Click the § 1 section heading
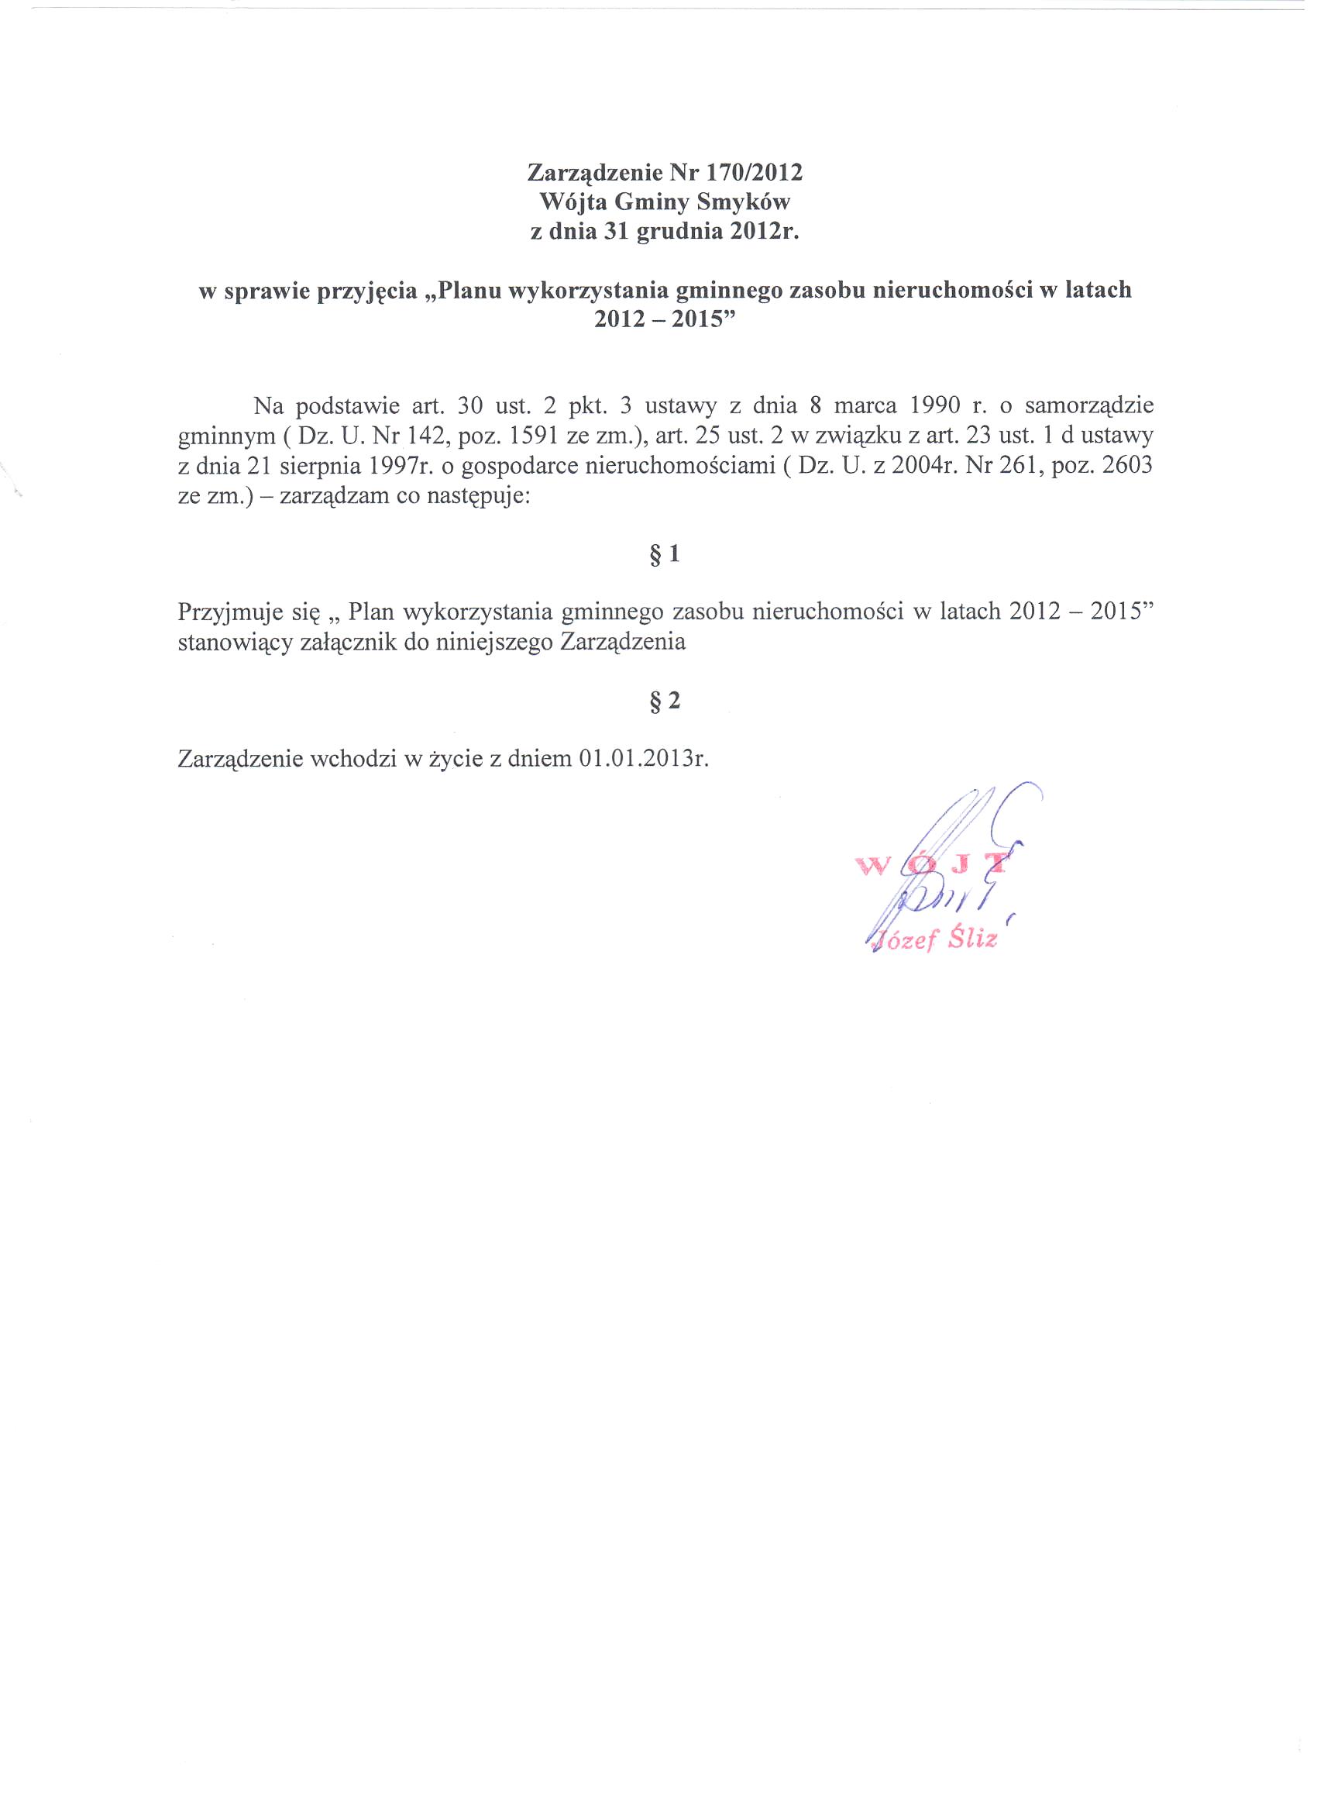pyautogui.click(x=664, y=553)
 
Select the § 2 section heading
pyautogui.click(x=664, y=701)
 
